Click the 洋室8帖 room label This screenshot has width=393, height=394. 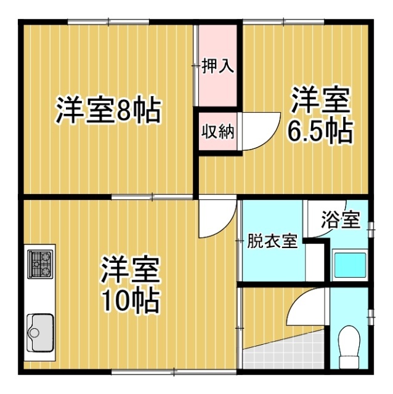108,111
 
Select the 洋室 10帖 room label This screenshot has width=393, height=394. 131,284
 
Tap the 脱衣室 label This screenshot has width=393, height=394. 272,241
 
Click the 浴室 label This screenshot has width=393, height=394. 341,220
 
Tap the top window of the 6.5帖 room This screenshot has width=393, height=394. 283,23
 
